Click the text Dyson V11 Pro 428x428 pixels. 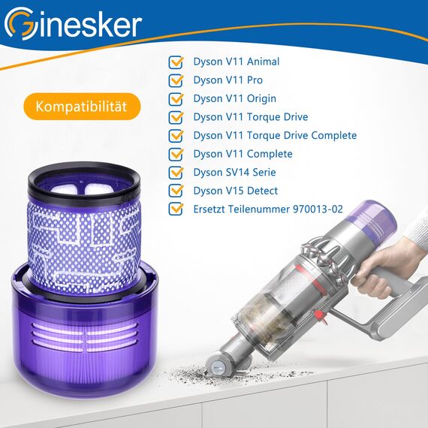[228, 80]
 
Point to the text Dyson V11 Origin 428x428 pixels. [234, 98]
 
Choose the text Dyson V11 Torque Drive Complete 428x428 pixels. [275, 135]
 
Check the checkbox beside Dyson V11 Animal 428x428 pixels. [176, 62]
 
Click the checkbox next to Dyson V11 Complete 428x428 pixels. [176, 154]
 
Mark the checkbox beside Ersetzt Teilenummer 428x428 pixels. [176, 209]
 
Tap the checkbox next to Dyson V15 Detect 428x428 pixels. [176, 191]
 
